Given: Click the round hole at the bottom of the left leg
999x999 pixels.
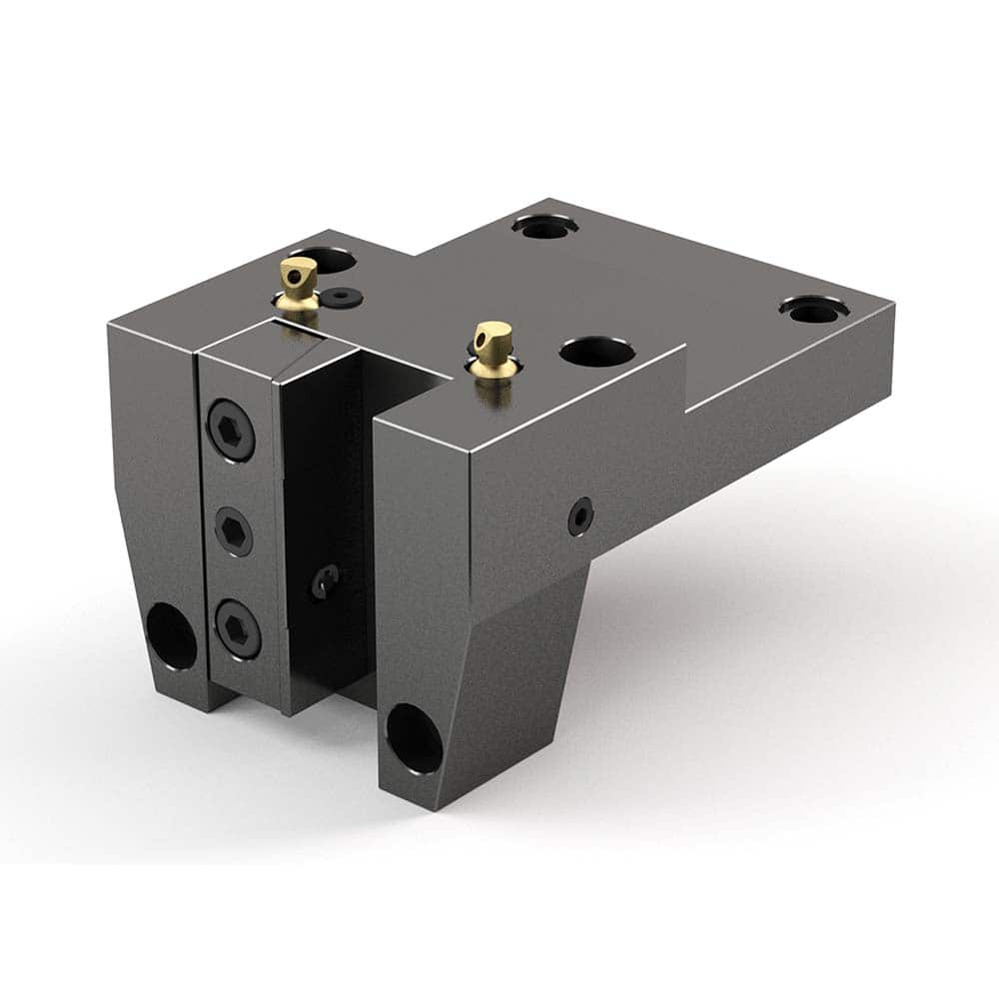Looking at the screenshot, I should click(172, 633).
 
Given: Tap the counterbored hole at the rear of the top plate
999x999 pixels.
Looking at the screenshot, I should click(545, 225).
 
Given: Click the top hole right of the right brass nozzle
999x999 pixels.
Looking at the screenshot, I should click(597, 352).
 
